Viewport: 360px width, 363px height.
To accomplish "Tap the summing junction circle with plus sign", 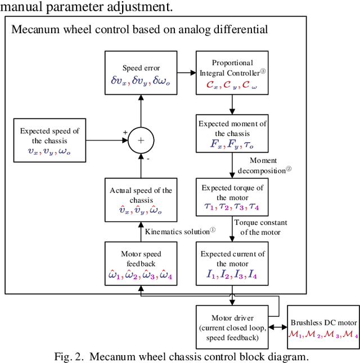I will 140,140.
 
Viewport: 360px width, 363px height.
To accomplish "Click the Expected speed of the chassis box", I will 49,140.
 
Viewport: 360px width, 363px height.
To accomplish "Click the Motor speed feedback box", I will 141,263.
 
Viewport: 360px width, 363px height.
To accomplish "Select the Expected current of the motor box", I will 233,263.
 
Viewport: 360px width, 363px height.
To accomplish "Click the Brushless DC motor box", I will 323,327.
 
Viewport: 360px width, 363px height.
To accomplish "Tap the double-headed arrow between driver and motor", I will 278,327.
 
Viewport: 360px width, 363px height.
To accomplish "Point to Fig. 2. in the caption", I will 70,356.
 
